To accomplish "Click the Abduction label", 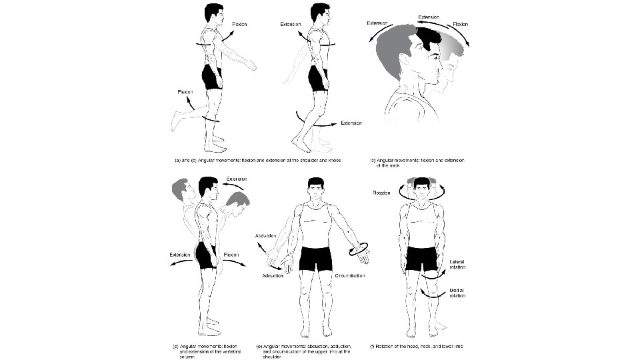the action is (x=266, y=236).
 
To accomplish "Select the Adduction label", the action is (x=273, y=275).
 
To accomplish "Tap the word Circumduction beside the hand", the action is (x=363, y=275).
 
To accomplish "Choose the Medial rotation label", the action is (x=457, y=293).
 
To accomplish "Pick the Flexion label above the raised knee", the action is (x=186, y=91).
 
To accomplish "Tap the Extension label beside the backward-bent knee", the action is (x=351, y=123).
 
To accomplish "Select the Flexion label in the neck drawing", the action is (x=461, y=24).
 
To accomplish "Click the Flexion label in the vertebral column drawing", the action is (x=231, y=254).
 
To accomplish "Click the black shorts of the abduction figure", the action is (x=315, y=258).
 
